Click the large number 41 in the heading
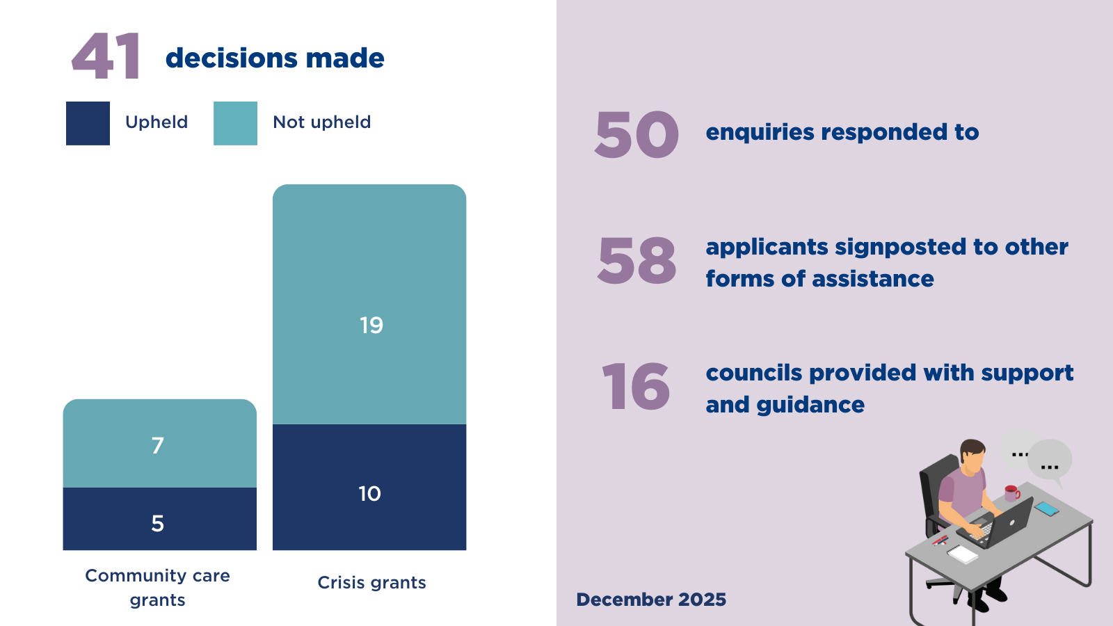(106, 57)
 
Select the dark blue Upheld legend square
(88, 123)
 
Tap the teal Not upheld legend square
(235, 123)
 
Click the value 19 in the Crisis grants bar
(371, 326)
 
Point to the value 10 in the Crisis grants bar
(369, 494)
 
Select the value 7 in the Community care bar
(158, 445)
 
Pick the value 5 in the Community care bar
(158, 523)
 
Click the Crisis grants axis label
(371, 583)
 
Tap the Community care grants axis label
(158, 588)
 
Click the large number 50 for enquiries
(636, 135)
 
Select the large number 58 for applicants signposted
(636, 262)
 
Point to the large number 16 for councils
(636, 387)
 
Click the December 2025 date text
(651, 600)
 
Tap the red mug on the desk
(1011, 494)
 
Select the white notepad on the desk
(963, 554)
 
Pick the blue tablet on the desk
(1046, 508)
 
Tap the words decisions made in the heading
(275, 58)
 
